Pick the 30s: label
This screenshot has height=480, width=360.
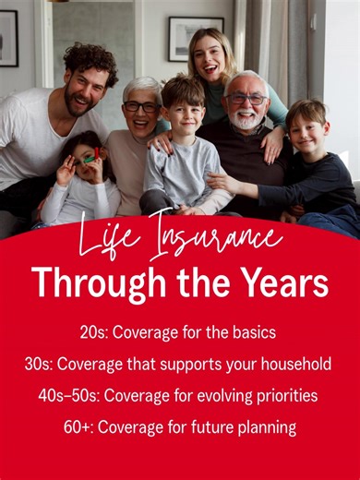(x=40, y=364)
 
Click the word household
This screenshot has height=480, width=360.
(x=294, y=364)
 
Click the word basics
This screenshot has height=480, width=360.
(x=251, y=331)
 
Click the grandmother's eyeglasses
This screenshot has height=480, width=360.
(x=140, y=106)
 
